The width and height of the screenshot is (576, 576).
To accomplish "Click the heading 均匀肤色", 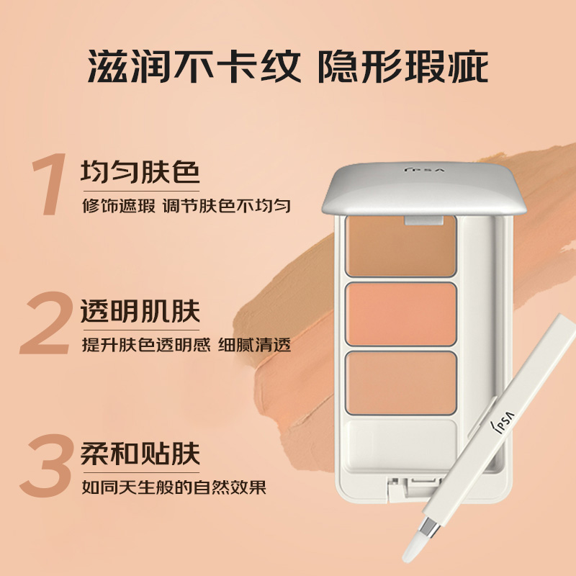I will (140, 173).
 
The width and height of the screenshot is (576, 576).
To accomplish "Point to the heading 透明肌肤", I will (140, 312).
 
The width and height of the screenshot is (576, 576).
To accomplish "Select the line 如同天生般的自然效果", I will (174, 487).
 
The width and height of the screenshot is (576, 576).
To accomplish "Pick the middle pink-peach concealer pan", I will (400, 314).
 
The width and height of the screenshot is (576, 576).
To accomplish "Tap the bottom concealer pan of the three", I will (400, 382).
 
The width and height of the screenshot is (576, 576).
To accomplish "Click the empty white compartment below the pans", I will (400, 441).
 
